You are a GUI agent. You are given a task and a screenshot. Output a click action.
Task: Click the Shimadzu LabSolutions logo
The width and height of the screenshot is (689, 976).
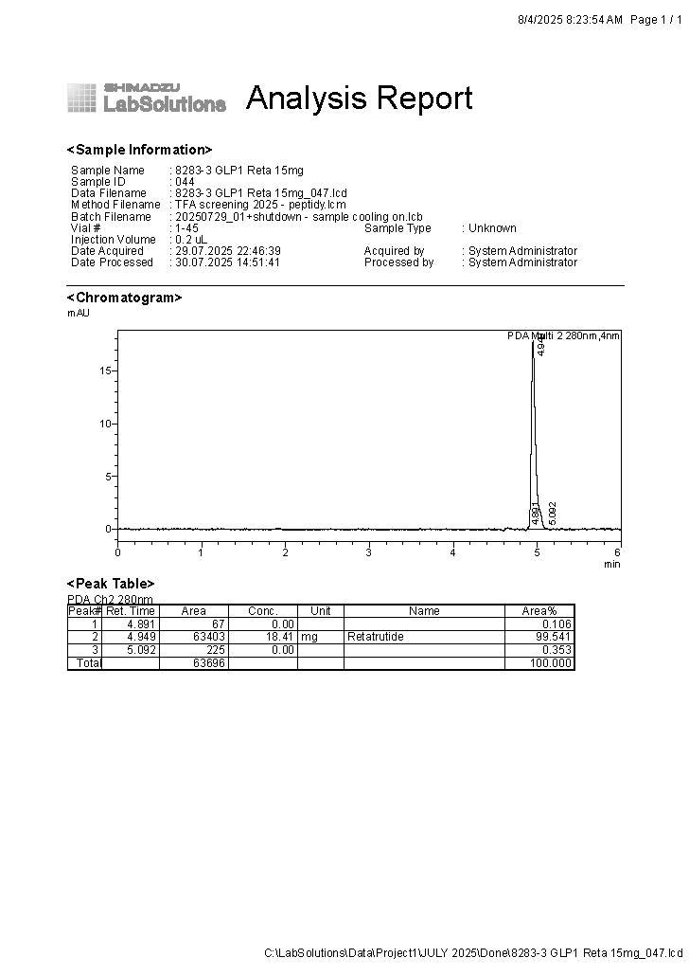pyautogui.click(x=147, y=98)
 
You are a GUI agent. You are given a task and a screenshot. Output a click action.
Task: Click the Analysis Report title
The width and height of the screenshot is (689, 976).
pyautogui.click(x=359, y=99)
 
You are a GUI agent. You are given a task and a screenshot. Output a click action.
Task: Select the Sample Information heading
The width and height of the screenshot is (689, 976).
pyautogui.click(x=139, y=150)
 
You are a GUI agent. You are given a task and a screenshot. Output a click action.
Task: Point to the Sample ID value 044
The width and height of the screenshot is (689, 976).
pyautogui.click(x=185, y=182)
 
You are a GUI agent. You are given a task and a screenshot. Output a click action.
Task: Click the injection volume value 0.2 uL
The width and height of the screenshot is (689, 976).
pyautogui.click(x=191, y=240)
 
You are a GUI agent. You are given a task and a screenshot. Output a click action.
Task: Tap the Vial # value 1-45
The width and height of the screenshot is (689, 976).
pyautogui.click(x=187, y=228)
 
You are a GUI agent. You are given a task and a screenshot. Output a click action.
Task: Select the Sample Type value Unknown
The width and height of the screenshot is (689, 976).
pyautogui.click(x=492, y=228)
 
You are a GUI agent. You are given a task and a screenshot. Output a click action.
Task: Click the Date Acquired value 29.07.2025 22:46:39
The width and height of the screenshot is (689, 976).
pyautogui.click(x=227, y=251)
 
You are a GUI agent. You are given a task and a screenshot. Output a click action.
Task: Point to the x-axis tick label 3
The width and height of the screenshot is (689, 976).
pyautogui.click(x=369, y=552)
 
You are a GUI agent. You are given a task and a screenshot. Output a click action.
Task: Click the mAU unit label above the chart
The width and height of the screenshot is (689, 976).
pyautogui.click(x=79, y=313)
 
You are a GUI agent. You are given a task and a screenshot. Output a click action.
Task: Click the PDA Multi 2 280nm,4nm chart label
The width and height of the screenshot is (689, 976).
pyautogui.click(x=563, y=336)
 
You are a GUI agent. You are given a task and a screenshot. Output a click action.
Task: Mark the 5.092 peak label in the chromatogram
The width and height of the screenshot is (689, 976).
pyautogui.click(x=553, y=513)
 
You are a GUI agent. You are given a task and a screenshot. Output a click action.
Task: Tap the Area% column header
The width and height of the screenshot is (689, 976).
pyautogui.click(x=539, y=611)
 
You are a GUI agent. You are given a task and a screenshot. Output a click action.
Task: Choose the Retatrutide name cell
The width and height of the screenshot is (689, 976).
pyautogui.click(x=376, y=637)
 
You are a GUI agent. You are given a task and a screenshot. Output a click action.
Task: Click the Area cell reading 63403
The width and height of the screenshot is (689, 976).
pyautogui.click(x=208, y=637)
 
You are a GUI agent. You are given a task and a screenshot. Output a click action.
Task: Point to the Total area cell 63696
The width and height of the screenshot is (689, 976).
pyautogui.click(x=208, y=663)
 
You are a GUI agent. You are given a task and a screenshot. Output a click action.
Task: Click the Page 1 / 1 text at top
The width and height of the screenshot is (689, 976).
pyautogui.click(x=656, y=20)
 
